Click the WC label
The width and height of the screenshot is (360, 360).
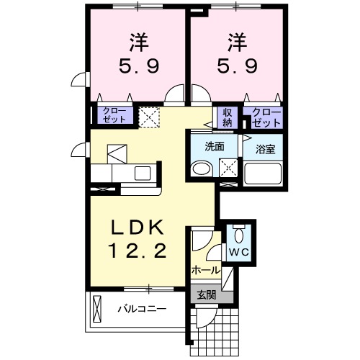[238, 253]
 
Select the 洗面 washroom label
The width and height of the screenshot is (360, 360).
[215, 146]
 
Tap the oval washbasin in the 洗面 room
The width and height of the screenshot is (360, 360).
[201, 169]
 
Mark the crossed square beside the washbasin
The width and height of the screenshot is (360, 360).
[228, 167]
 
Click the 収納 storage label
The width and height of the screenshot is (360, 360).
[227, 117]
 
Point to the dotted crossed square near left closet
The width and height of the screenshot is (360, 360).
[150, 116]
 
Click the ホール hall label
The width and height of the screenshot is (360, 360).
[205, 270]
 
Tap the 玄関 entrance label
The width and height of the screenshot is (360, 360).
[206, 294]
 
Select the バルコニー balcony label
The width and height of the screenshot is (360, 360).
[143, 310]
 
